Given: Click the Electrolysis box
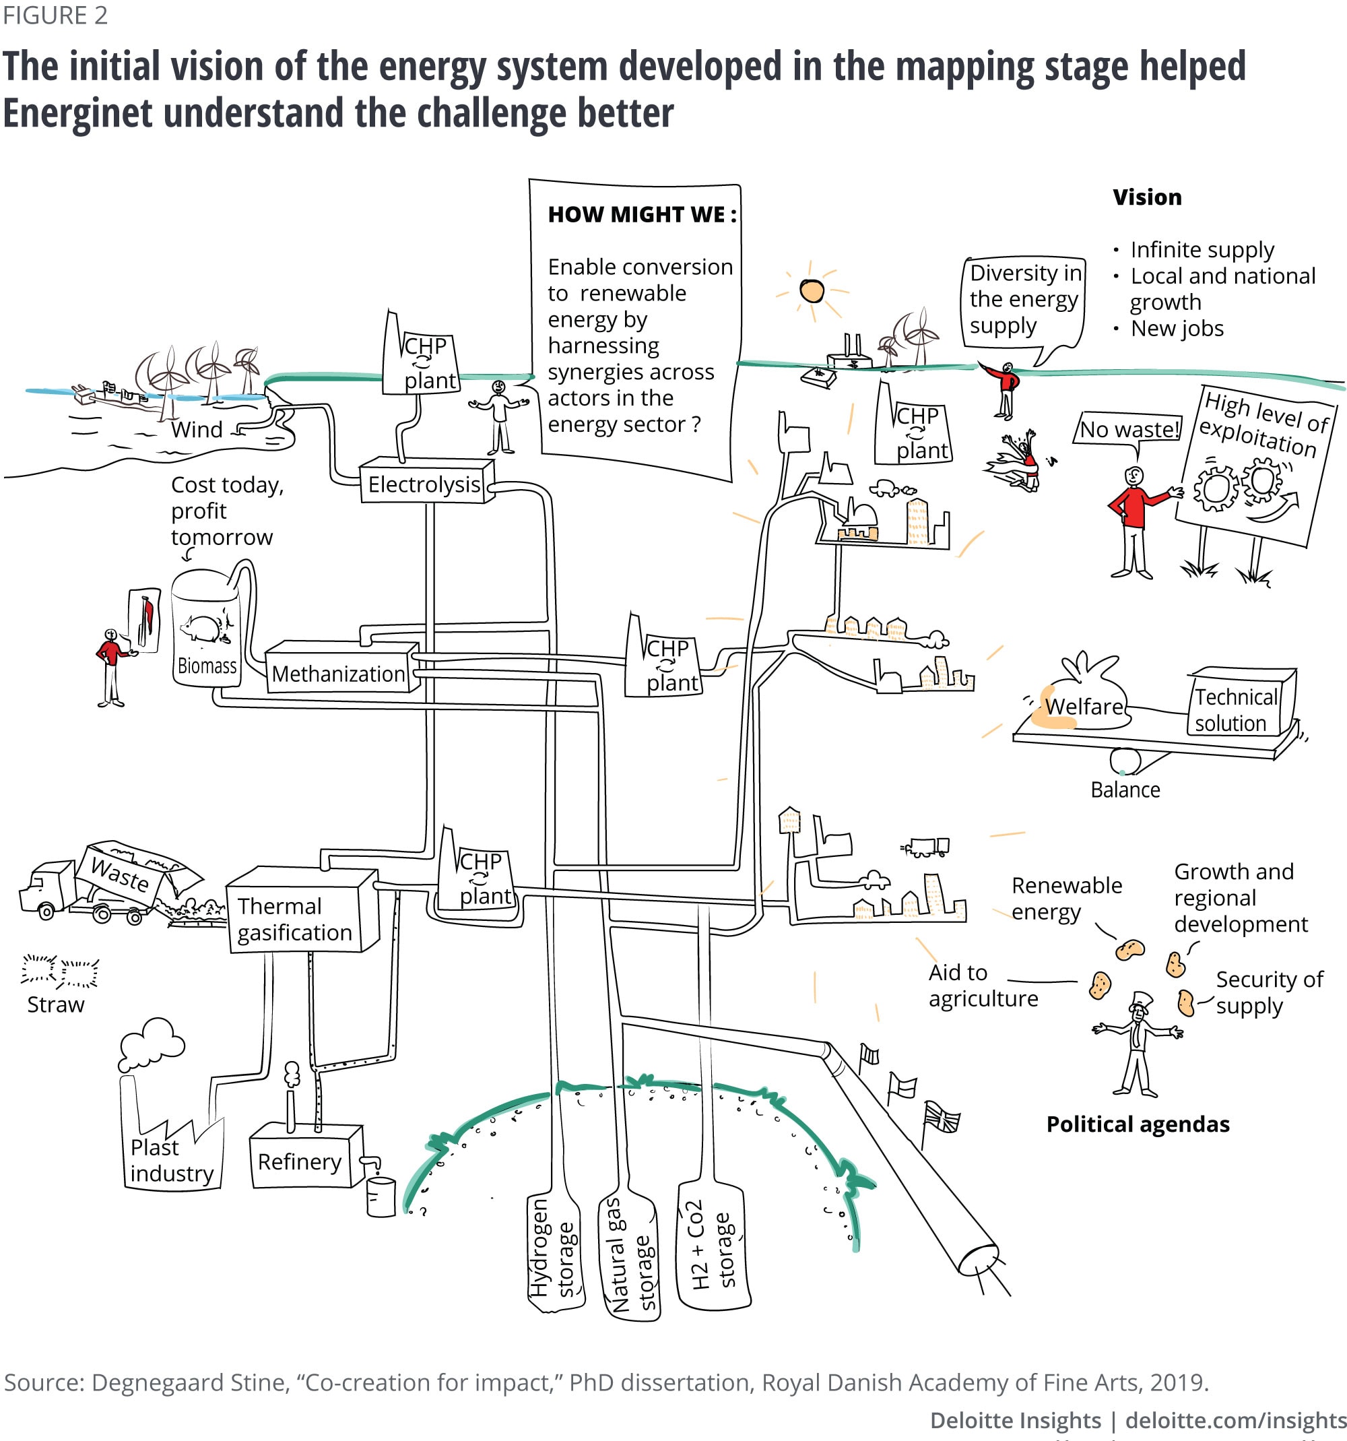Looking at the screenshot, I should tap(424, 484).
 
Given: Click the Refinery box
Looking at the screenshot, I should tap(300, 1161).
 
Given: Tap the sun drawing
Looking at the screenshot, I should tap(812, 290).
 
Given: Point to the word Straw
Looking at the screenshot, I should tap(56, 1004).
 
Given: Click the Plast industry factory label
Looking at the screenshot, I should tap(172, 1161).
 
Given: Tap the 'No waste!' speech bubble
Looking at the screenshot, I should tap(1128, 430).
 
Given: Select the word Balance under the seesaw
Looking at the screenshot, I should tap(1125, 790).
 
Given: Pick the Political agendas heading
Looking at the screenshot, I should tap(1138, 1124).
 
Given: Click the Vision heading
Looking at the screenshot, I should tap(1147, 197).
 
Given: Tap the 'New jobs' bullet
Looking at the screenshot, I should tap(1177, 328).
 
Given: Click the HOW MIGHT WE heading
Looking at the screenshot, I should tap(642, 214).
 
